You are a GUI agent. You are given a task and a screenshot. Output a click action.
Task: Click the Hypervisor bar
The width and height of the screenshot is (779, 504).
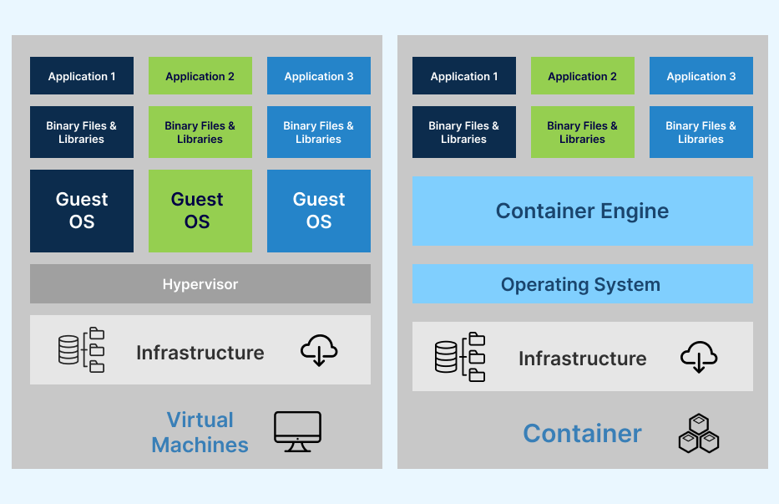[x=200, y=284]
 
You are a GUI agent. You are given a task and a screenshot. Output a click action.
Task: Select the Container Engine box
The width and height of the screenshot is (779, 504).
[x=582, y=211]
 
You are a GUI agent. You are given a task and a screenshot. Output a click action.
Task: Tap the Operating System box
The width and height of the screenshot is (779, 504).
[x=582, y=284]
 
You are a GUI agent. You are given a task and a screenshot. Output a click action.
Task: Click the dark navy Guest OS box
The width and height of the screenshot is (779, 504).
[x=82, y=211]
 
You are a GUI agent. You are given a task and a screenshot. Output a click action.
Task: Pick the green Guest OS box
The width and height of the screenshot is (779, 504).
[x=200, y=211]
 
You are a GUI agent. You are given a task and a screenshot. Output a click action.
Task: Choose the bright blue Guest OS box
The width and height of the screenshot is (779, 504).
[x=319, y=211]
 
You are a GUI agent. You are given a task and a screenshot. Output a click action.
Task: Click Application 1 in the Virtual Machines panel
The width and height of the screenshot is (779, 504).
[x=82, y=76]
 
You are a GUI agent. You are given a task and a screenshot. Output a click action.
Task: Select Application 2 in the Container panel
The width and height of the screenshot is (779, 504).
[x=582, y=76]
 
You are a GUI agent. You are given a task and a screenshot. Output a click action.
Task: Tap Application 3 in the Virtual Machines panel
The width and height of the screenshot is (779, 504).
[x=319, y=76]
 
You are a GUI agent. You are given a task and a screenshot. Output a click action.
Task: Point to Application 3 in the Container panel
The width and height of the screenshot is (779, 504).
[x=701, y=76]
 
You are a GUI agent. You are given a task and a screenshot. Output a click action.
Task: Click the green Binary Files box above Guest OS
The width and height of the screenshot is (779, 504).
[x=200, y=132]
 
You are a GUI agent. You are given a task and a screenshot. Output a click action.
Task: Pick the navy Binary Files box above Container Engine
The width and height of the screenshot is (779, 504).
[x=463, y=132]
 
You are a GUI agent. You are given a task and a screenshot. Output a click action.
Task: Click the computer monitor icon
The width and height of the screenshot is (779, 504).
[x=297, y=431]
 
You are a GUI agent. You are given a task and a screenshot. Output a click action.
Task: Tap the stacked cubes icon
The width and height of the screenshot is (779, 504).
[x=698, y=434]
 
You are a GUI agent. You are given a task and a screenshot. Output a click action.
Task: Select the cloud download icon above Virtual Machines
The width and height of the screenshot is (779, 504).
[x=319, y=351]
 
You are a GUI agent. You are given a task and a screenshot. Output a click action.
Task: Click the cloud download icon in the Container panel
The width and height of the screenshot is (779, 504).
[x=700, y=357]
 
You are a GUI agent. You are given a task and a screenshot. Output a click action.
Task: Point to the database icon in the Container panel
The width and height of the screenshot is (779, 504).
[x=448, y=357]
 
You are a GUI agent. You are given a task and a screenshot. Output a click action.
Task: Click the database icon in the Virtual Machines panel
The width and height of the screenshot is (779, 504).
[x=69, y=349]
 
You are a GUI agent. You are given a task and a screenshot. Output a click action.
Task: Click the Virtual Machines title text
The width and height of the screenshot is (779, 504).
[x=200, y=432]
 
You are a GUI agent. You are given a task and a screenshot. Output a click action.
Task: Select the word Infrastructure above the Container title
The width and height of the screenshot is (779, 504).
[x=582, y=359]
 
